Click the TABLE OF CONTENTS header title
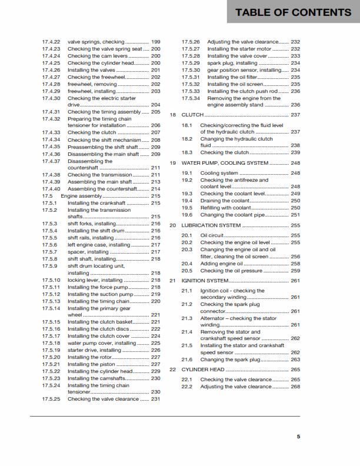coord(292,12)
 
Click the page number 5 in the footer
coord(298,436)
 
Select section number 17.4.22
coord(52,42)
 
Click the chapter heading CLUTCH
coord(192,115)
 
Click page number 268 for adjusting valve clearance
coord(295,387)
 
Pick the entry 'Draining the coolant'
coord(225,201)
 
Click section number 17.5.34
coord(191,98)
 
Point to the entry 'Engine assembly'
coord(84,196)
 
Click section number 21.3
coord(187,318)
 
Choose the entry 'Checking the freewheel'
coord(96,77)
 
